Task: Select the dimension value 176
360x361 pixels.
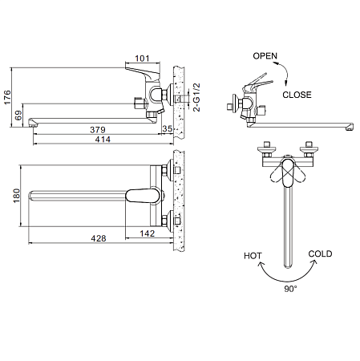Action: (x=7, y=99)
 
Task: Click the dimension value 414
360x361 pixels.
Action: (x=102, y=140)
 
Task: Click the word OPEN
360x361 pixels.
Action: (x=265, y=57)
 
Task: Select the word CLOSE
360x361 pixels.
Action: (x=298, y=94)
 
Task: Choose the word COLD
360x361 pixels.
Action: (x=320, y=254)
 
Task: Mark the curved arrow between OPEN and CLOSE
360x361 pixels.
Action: (x=286, y=74)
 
